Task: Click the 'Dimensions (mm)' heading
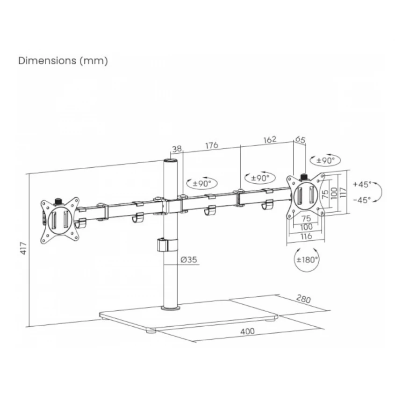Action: click(x=63, y=61)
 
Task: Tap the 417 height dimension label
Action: click(x=23, y=248)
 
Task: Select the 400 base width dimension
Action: click(x=247, y=331)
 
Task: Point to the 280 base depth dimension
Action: click(x=303, y=299)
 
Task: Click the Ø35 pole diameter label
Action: click(x=189, y=260)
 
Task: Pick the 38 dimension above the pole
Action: click(x=177, y=149)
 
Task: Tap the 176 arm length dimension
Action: click(x=212, y=145)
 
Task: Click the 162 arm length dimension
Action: click(x=270, y=139)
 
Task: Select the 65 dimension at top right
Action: click(x=300, y=140)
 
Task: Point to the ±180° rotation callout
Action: click(x=307, y=259)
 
